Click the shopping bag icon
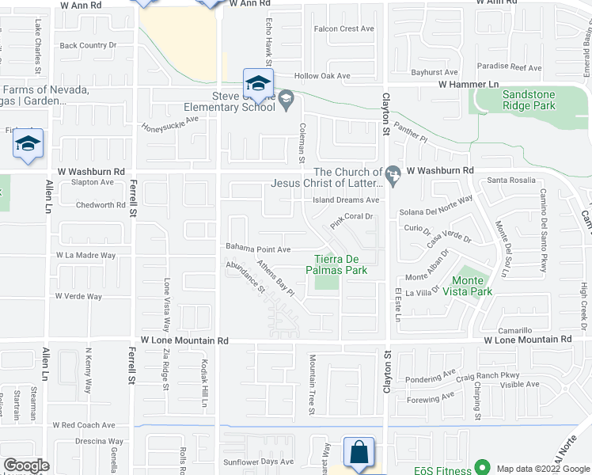click(359, 452)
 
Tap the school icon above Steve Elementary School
click(257, 82)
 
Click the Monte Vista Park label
click(472, 286)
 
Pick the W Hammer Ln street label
click(469, 84)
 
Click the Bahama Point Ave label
click(259, 248)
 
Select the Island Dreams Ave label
click(347, 200)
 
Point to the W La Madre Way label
click(85, 256)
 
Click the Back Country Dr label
click(88, 46)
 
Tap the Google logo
click(26, 465)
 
